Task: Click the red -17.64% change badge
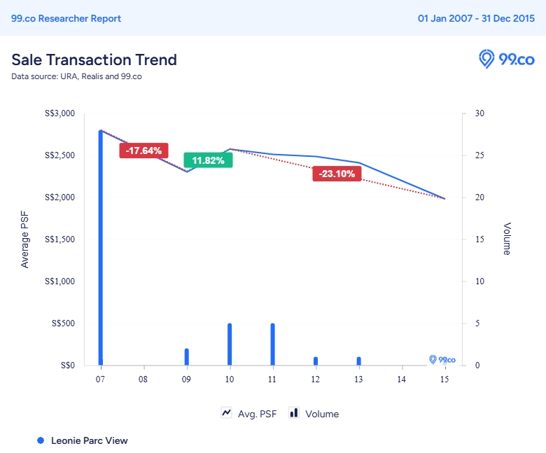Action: (143, 151)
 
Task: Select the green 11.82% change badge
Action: (208, 160)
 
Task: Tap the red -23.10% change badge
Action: (337, 174)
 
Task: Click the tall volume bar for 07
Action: (101, 245)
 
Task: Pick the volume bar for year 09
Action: (187, 357)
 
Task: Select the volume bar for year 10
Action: (230, 344)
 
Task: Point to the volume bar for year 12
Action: (316, 361)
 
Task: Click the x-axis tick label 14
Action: (401, 379)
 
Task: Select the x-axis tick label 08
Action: (143, 379)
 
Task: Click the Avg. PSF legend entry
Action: (249, 414)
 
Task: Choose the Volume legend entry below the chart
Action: (314, 414)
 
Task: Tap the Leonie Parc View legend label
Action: (89, 440)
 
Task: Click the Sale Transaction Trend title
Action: (94, 60)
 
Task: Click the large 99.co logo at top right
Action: (506, 59)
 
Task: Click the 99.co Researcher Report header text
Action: (66, 18)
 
